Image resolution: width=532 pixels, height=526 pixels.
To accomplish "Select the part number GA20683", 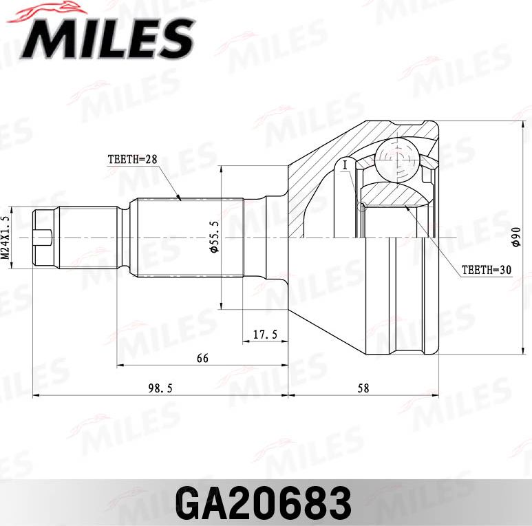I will pos(265,503).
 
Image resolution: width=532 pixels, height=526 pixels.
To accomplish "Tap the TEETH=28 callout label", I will pos(133,159).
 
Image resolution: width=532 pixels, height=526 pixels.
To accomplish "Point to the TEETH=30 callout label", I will pos(487,270).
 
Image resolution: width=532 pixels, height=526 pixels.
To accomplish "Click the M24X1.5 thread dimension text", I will pos(6,236).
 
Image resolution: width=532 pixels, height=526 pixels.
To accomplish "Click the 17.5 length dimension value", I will pos(265,335).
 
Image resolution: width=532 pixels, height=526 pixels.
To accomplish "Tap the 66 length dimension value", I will pos(202,359).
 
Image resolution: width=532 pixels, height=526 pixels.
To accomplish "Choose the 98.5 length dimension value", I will pos(159,388).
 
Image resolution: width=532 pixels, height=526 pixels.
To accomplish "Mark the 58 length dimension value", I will pos(363,388).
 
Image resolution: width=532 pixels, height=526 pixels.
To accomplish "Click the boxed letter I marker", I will pos(345,165).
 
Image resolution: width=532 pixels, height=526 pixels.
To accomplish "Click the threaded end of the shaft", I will pos(45,237).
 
